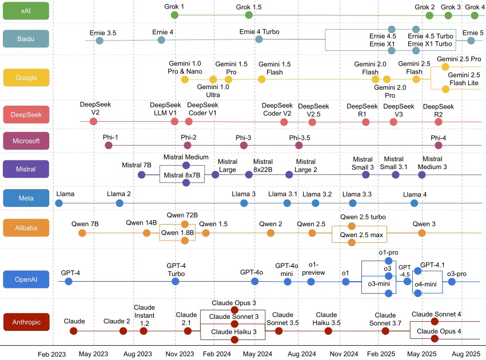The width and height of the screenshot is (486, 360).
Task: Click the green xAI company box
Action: [x=26, y=11]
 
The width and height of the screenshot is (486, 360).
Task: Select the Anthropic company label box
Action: [x=26, y=322]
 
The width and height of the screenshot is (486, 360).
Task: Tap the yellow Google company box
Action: [x=26, y=77]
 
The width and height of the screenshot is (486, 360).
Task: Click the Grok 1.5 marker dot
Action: [x=248, y=15]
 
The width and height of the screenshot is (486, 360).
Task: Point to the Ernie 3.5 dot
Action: [x=99, y=41]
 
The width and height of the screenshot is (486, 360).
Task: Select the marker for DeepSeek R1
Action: [x=366, y=122]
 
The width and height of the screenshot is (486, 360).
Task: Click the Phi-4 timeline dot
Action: [x=439, y=146]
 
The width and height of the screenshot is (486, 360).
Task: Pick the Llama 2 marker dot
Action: [x=119, y=203]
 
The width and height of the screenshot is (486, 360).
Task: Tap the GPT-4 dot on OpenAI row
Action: [x=69, y=282]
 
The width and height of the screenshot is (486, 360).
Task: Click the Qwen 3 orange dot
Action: [x=421, y=233]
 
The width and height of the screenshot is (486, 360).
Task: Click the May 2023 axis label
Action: [x=93, y=354]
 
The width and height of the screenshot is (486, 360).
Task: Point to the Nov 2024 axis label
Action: [x=345, y=354]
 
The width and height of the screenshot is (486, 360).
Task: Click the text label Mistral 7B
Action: [x=137, y=165]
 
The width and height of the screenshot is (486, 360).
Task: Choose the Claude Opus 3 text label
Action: [x=234, y=303]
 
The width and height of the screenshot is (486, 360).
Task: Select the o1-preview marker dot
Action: [x=311, y=282]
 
